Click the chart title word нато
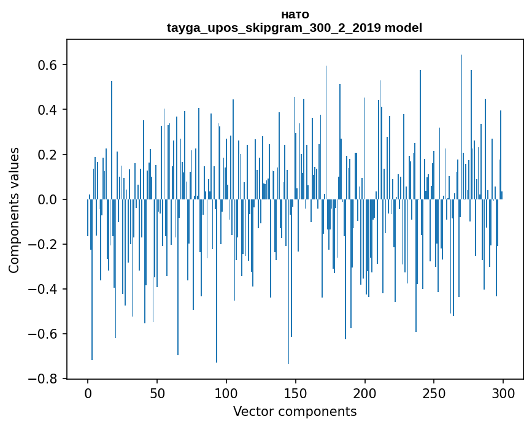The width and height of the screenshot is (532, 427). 295,14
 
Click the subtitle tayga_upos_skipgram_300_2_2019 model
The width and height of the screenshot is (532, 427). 295,28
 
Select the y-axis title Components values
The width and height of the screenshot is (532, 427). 14,210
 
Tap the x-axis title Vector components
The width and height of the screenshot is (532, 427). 295,411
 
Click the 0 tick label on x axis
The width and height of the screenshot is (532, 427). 88,393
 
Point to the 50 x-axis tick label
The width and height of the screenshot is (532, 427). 157,393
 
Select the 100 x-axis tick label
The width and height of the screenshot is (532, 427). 226,393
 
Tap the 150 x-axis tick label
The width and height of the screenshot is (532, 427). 296,393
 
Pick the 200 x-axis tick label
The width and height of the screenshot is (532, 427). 365,393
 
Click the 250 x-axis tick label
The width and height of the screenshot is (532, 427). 434,393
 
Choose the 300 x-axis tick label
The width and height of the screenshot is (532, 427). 504,393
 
